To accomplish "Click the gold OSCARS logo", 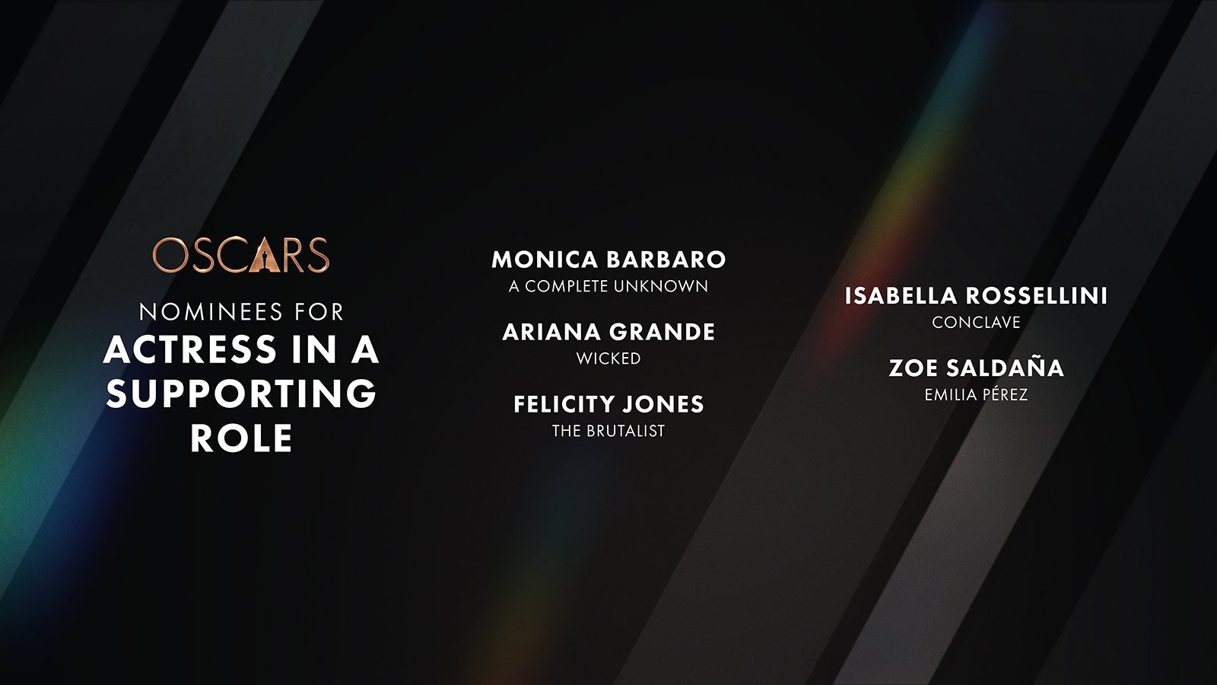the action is click(x=240, y=254).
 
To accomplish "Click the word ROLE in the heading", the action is click(x=242, y=438).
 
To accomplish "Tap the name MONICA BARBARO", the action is click(x=608, y=260).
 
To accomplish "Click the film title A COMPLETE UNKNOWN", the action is click(x=608, y=286).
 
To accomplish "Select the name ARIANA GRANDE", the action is click(x=608, y=332).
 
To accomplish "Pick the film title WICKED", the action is click(x=608, y=358).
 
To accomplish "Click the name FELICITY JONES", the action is click(x=608, y=404).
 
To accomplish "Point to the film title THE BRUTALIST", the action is click(x=608, y=431).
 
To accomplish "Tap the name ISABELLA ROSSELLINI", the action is click(x=976, y=296).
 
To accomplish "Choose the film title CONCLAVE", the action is click(x=976, y=323).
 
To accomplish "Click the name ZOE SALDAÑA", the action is click(x=976, y=368).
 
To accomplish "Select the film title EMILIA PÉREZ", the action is click(x=976, y=394).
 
